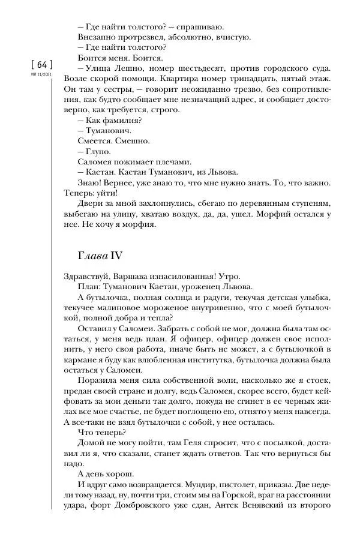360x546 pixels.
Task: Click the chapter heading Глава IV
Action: click(97, 256)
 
